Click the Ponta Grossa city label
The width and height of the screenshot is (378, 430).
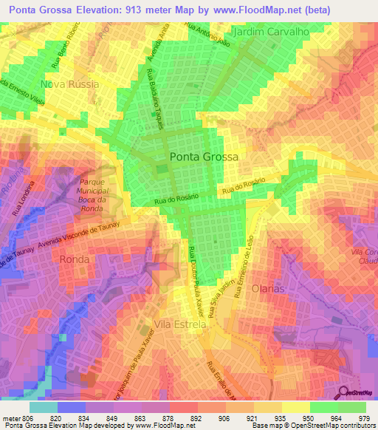204,157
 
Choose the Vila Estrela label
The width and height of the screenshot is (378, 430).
181,324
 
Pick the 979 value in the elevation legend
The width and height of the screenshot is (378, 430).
365,417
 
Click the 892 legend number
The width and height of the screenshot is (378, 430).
197,417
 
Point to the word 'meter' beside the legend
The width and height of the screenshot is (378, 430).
10,417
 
